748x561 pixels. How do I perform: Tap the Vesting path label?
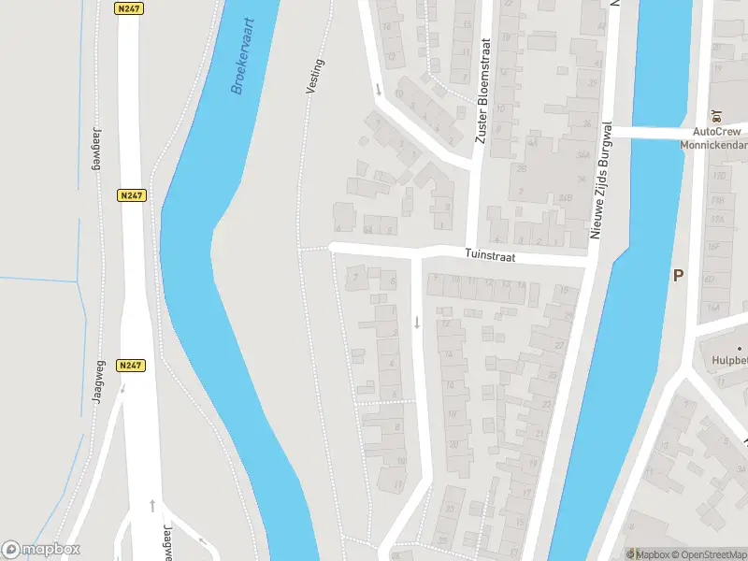point(315,76)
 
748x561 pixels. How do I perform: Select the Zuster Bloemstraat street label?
point(482,92)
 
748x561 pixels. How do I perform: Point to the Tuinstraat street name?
point(491,255)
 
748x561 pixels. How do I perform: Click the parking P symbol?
point(678,275)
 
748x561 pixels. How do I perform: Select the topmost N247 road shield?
point(130,8)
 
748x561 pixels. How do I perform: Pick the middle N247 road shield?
point(132,195)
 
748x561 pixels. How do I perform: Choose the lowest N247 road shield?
point(132,366)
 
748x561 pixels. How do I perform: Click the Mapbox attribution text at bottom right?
point(647,554)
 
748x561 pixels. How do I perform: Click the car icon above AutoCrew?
point(717,117)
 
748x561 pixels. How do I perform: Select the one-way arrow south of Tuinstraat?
point(417,323)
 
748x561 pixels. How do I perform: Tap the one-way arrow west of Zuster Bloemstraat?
point(378,91)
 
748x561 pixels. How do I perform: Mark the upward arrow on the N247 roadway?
point(152,506)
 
